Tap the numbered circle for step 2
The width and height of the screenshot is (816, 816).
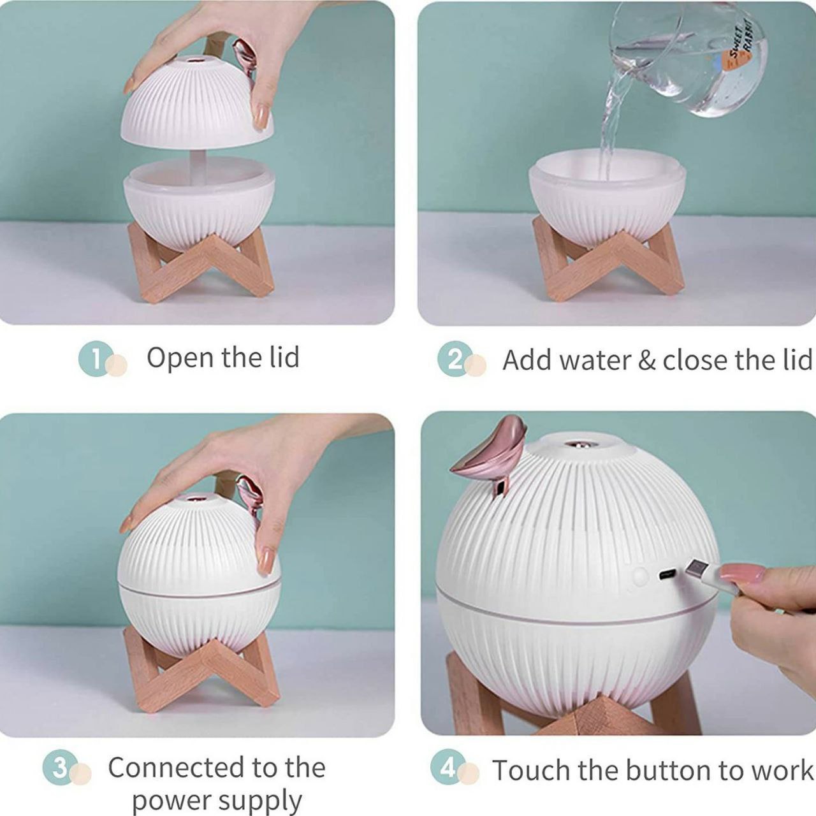[x=455, y=360]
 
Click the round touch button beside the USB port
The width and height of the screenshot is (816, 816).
[x=639, y=576]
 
